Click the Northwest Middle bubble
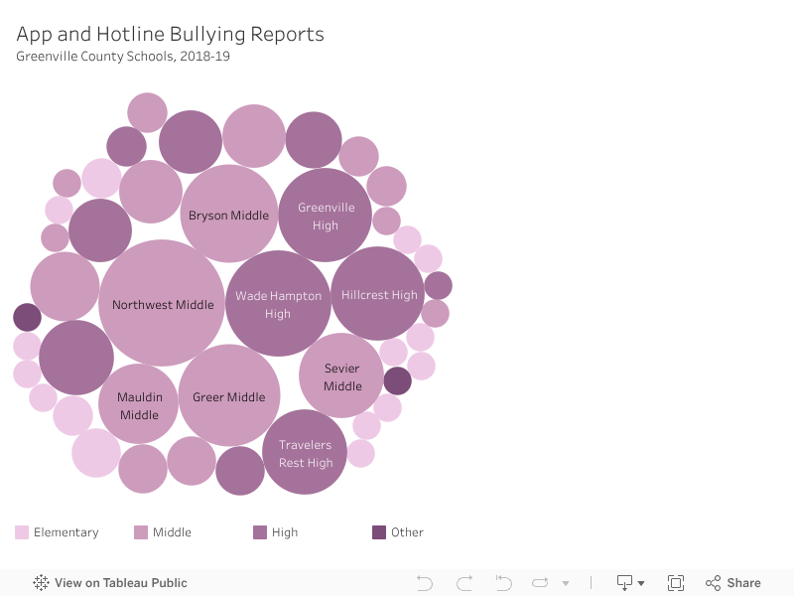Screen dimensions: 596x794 [x=162, y=303]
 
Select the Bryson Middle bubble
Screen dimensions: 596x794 [x=229, y=214]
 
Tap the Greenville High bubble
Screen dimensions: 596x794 [x=325, y=215]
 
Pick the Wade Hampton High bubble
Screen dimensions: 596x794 [x=278, y=303]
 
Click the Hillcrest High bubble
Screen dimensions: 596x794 [x=378, y=294]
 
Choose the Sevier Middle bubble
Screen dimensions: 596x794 [x=341, y=375]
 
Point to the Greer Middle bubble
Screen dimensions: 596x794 [x=229, y=395]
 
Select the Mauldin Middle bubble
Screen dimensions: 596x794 [x=139, y=404]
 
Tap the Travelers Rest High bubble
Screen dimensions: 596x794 [x=305, y=452]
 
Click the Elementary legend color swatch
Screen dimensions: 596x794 [x=22, y=532]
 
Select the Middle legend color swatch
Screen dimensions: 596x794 [x=141, y=532]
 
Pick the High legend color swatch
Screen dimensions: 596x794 [x=260, y=532]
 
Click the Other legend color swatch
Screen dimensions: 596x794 [x=379, y=532]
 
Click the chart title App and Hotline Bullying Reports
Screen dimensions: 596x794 [x=170, y=35]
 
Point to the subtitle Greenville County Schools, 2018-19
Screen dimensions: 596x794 [x=123, y=57]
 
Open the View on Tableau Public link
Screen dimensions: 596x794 [x=110, y=583]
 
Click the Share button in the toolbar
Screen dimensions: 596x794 [x=733, y=583]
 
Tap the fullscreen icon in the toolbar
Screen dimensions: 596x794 [x=676, y=583]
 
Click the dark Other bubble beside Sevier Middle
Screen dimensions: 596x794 [x=397, y=380]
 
